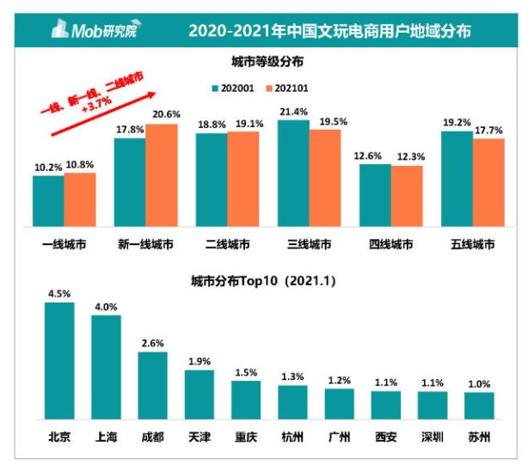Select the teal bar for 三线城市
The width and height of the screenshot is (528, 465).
(292, 171)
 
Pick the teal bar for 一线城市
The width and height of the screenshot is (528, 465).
(48, 199)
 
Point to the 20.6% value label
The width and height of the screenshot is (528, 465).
(161, 115)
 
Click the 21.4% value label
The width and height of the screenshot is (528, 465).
(292, 111)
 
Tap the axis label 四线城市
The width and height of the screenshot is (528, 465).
(390, 244)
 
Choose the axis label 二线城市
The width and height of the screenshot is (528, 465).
(227, 244)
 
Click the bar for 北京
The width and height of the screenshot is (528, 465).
(59, 358)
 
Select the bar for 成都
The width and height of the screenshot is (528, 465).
(152, 383)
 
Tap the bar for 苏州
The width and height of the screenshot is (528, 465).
(479, 404)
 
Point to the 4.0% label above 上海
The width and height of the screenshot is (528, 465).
(106, 306)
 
